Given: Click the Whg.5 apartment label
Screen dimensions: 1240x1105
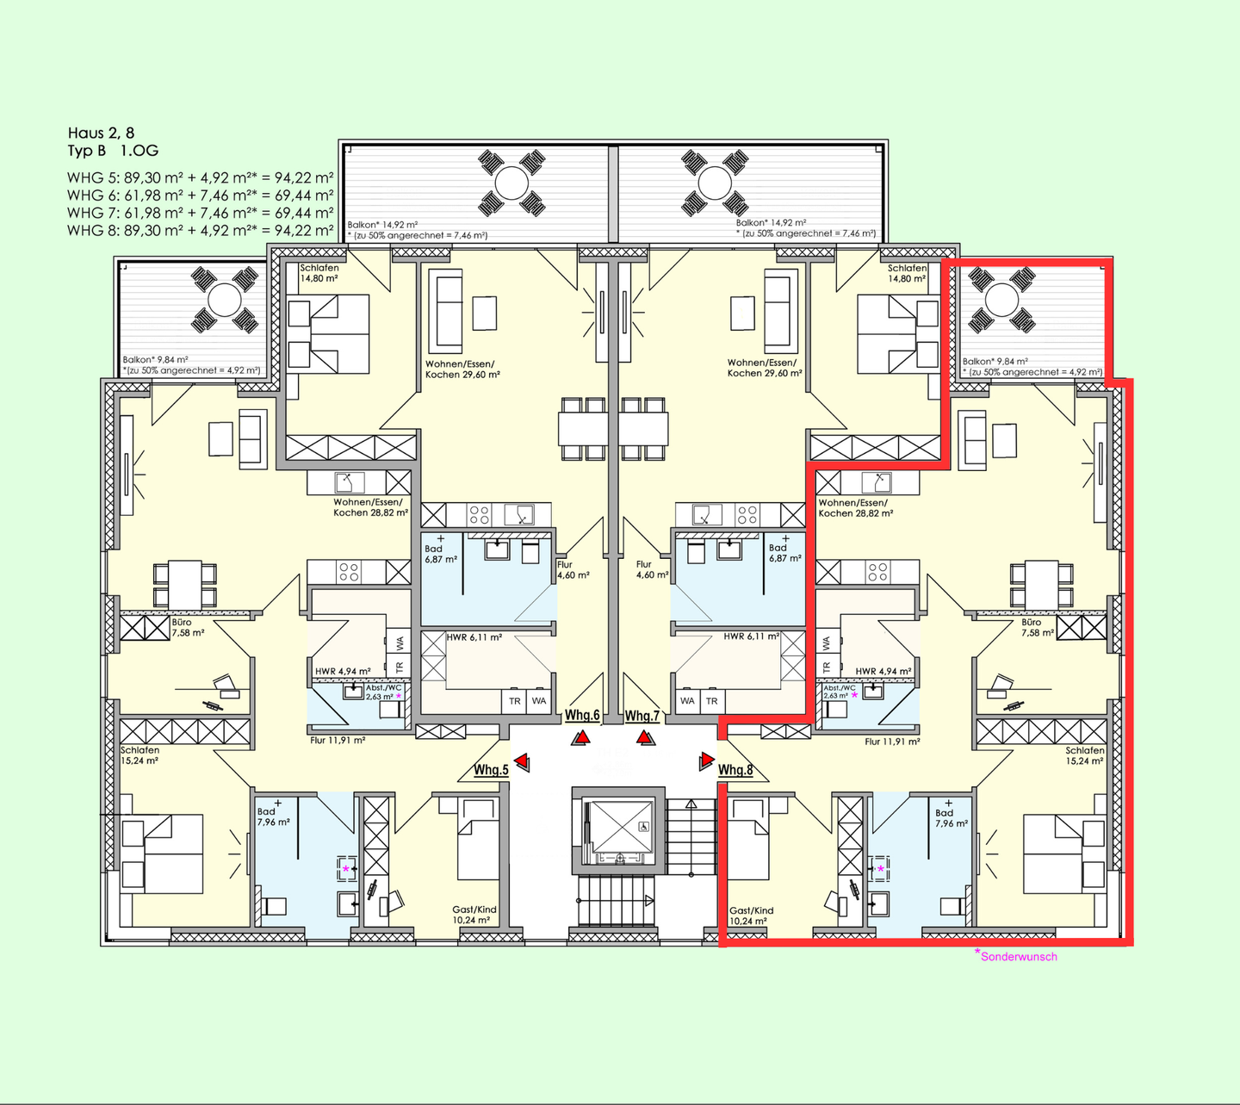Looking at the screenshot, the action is coord(491,769).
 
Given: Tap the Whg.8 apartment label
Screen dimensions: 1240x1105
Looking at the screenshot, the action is coord(735,769).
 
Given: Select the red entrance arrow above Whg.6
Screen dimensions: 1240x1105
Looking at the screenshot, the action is coord(581,738).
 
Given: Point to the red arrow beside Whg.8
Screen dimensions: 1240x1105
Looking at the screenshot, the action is coord(707,761).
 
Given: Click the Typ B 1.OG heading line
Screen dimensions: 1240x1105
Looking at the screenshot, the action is coord(113,151).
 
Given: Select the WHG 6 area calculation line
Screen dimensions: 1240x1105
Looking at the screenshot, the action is coord(200,196).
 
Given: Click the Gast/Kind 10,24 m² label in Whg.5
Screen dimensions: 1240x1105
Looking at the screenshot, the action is coord(474,915).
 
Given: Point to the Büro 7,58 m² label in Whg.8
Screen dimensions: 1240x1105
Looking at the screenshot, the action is coord(1038,628).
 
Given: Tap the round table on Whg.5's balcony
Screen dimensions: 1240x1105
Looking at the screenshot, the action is coord(225,300).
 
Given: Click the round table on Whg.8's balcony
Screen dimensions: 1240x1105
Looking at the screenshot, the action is coord(1001,300).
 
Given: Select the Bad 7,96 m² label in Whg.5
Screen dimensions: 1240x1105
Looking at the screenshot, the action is coord(273,817).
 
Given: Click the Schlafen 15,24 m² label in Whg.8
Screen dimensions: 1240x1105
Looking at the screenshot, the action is coord(1084,755).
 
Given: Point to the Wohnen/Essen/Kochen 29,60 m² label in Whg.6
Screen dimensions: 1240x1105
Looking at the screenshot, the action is coord(462,369).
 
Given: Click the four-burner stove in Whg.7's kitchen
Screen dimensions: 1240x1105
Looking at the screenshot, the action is coord(747,515).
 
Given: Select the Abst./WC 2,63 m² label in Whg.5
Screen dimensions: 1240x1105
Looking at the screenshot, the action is coord(384,692).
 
